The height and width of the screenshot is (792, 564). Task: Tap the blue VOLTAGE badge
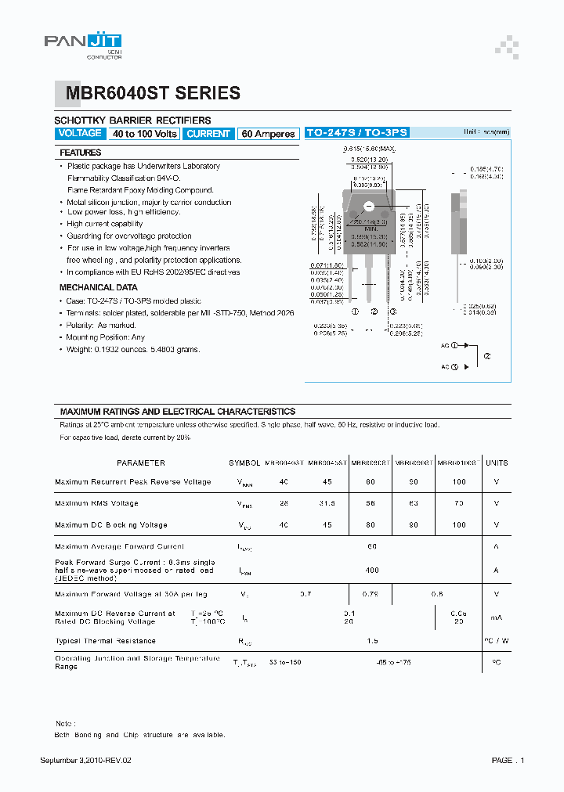(x=80, y=134)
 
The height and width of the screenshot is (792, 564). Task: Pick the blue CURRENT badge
(x=208, y=134)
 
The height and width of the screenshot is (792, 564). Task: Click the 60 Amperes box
(x=268, y=134)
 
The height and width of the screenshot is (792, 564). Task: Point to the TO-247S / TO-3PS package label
(x=356, y=133)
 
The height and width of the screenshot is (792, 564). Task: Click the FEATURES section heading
(x=81, y=153)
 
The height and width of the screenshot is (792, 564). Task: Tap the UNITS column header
(x=497, y=463)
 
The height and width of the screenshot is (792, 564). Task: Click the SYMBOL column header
(x=244, y=463)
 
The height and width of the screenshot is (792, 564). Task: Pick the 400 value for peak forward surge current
(x=372, y=571)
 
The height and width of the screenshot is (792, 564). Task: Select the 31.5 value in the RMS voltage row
(x=327, y=504)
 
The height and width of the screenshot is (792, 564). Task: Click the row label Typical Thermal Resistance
(x=106, y=641)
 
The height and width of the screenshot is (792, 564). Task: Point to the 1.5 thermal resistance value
(x=372, y=641)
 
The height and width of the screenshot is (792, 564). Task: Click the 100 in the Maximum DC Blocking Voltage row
(x=458, y=525)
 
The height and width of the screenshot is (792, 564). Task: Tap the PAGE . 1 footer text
(x=508, y=761)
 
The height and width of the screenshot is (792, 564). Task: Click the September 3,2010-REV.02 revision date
(x=85, y=761)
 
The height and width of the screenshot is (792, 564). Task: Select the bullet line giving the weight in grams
(x=133, y=349)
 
